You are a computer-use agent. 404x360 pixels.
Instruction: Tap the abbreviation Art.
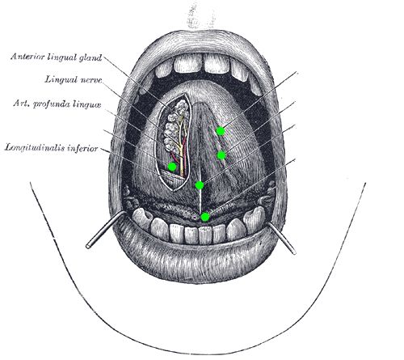tap(21, 104)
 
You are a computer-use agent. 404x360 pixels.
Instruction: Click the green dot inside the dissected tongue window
tap(172, 167)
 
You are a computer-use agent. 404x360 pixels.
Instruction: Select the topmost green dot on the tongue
tap(221, 131)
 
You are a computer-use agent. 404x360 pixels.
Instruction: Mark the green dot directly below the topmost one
tap(221, 155)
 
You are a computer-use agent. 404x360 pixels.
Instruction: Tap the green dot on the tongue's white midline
tap(200, 185)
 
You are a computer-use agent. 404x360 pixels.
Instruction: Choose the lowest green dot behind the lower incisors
tap(205, 217)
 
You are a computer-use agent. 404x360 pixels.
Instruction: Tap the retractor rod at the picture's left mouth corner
tap(106, 229)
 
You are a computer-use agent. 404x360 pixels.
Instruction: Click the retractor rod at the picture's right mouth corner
tap(282, 239)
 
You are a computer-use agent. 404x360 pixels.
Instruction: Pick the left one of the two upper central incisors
tap(187, 64)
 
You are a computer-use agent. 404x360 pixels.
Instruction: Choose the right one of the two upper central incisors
tap(217, 64)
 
